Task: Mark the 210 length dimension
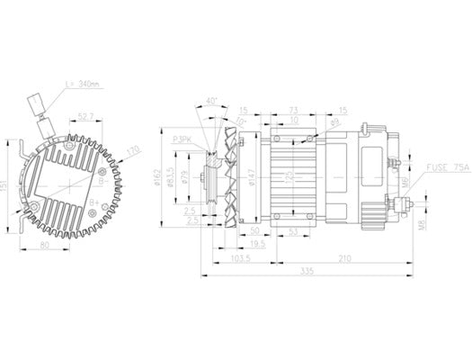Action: [x=344, y=257]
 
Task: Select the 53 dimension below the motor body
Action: [x=294, y=231]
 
